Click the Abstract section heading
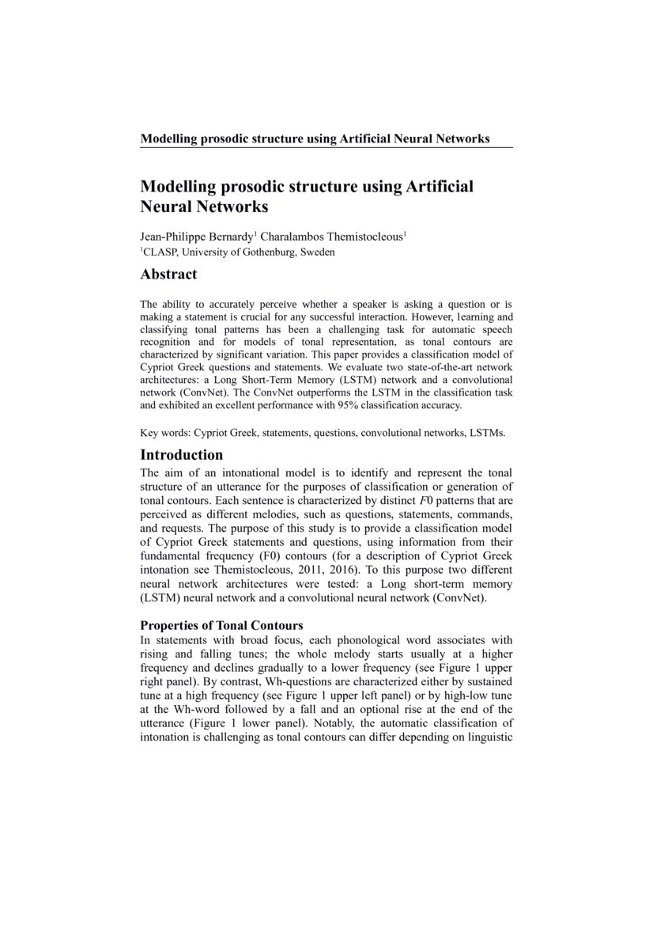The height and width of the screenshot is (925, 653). pyautogui.click(x=168, y=275)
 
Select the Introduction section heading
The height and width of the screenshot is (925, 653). pyautogui.click(x=181, y=455)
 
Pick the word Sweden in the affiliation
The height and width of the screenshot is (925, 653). pyautogui.click(x=318, y=252)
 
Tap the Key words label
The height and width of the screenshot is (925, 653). pyautogui.click(x=164, y=434)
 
